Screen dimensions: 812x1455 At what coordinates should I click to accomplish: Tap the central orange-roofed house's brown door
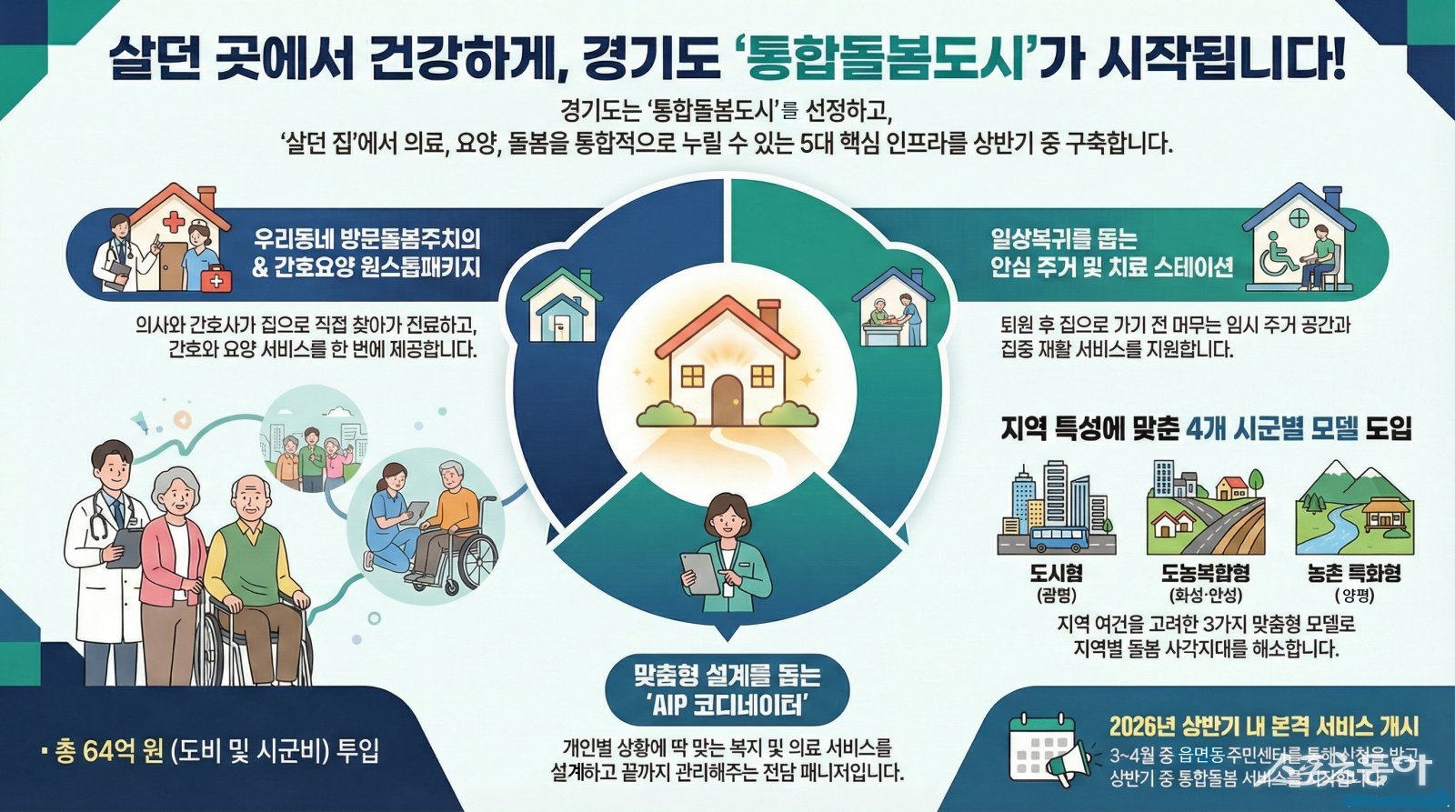tap(727, 400)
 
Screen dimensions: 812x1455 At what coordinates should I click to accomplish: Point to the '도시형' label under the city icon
tap(1056, 573)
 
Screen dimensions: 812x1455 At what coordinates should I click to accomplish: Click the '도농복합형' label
tap(1205, 573)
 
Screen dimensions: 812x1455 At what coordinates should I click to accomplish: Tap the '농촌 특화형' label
tap(1353, 573)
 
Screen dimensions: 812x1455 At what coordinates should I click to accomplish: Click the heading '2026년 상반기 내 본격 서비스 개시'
tap(1263, 727)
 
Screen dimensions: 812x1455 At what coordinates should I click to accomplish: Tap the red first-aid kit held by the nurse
tap(216, 280)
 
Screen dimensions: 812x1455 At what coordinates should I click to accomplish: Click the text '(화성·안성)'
tap(1205, 596)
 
